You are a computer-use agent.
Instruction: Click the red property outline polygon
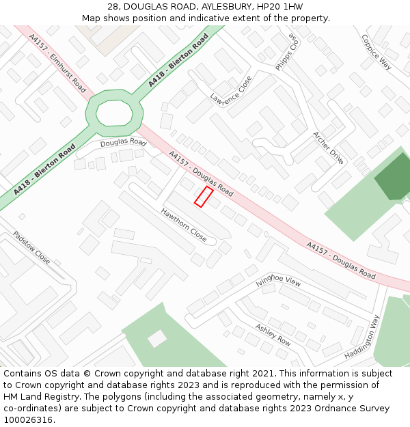202,196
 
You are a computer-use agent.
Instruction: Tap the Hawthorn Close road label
184,225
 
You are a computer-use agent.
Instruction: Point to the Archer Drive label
328,148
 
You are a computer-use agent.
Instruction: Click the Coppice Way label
376,52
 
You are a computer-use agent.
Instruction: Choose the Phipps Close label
288,52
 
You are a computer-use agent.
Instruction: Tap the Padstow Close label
31,247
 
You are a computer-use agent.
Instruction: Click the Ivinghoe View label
278,281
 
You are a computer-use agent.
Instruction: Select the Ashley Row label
273,334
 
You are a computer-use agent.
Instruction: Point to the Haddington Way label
362,338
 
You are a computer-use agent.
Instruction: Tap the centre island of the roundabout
114,112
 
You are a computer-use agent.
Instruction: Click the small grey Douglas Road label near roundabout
123,143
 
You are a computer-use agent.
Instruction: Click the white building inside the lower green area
157,338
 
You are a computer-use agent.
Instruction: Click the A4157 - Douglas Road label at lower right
341,260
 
